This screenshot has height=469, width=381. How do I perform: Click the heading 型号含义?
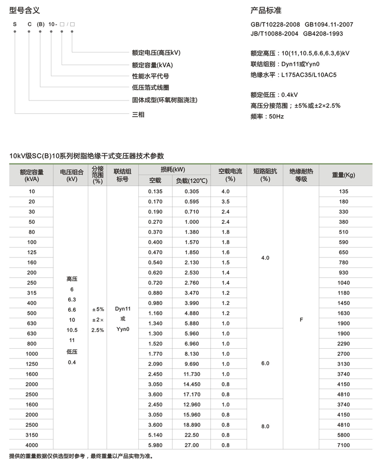pyautogui.click(x=24, y=10)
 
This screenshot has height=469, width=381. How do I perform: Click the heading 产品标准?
pyautogui.click(x=266, y=10)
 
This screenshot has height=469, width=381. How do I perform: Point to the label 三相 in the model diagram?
pyautogui.click(x=138, y=115)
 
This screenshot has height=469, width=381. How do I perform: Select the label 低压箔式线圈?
pyautogui.click(x=150, y=88)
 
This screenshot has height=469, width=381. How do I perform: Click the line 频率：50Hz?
pyautogui.click(x=267, y=117)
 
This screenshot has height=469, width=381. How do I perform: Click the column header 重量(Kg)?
pyautogui.click(x=343, y=175)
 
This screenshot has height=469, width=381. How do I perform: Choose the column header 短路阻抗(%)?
pyautogui.click(x=265, y=175)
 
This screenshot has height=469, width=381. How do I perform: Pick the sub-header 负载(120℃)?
pyautogui.click(x=192, y=180)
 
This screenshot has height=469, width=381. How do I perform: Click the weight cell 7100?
pyautogui.click(x=343, y=445)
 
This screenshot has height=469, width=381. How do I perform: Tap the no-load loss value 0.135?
pyautogui.click(x=155, y=191)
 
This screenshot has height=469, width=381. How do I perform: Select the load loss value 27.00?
pyautogui.click(x=192, y=445)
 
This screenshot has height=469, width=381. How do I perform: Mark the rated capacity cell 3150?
pyautogui.click(x=32, y=435)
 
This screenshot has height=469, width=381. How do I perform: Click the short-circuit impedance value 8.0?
pyautogui.click(x=265, y=427)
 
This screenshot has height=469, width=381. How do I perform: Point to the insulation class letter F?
pyautogui.click(x=301, y=320)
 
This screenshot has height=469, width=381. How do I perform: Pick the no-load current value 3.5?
pyautogui.click(x=226, y=202)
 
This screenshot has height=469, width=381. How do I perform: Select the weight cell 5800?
pyautogui.click(x=343, y=435)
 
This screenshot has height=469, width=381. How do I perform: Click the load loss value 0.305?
pyautogui.click(x=192, y=191)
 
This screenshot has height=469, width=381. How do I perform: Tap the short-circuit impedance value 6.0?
pyautogui.click(x=265, y=363)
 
